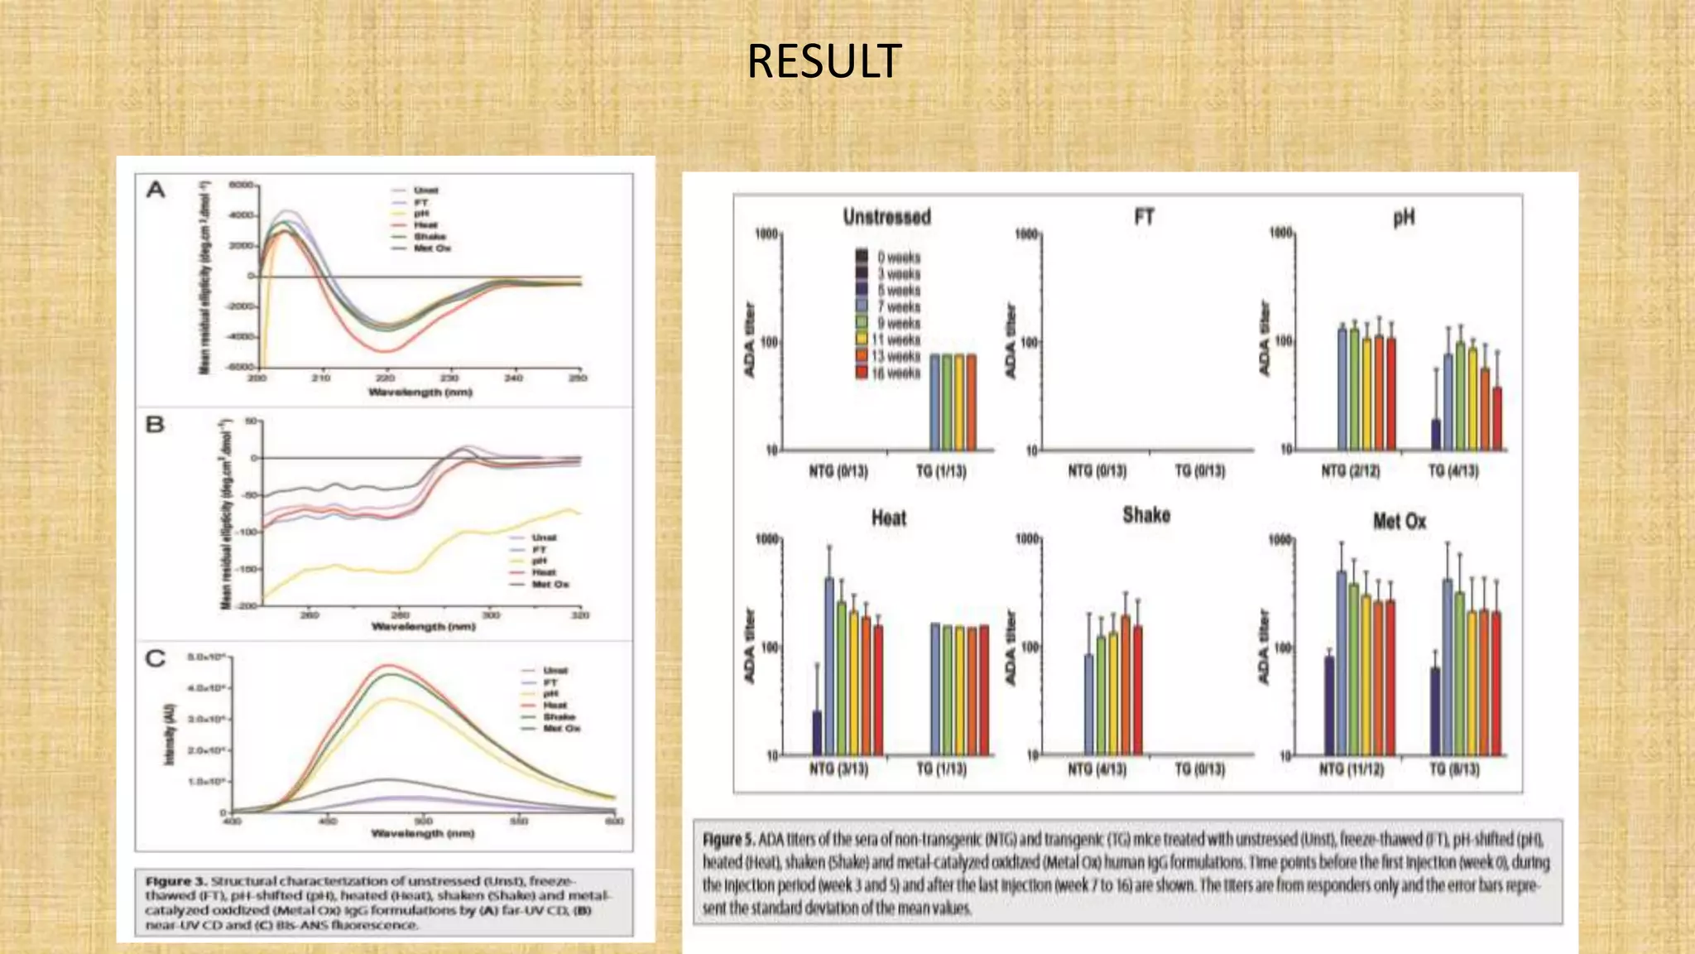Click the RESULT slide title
tap(823, 61)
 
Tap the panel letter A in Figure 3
tap(156, 190)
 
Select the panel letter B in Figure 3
tap(155, 425)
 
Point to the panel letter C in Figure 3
tap(155, 659)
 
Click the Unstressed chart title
tap(886, 217)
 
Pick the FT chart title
tap(1144, 218)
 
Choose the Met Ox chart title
tap(1399, 522)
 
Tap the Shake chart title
tap(1145, 515)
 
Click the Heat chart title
tap(888, 518)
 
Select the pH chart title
tap(1403, 219)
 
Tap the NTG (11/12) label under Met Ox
tap(1351, 769)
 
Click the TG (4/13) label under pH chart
tap(1453, 471)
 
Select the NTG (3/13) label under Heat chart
tap(838, 769)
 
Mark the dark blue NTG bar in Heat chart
tap(817, 733)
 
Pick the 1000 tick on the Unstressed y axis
tap(766, 234)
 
